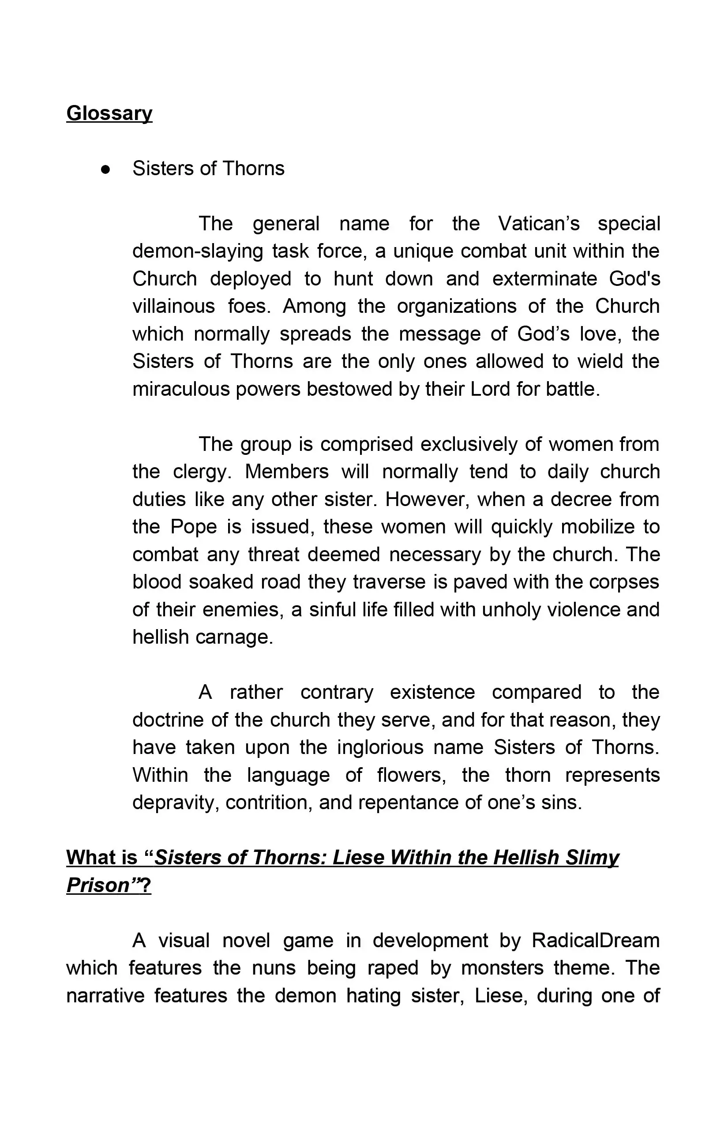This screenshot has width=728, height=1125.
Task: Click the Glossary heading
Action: (109, 113)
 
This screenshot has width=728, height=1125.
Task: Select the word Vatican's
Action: (538, 224)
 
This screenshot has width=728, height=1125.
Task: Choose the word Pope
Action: (193, 527)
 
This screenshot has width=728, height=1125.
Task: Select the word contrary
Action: (337, 693)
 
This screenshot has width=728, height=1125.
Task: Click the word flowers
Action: (411, 775)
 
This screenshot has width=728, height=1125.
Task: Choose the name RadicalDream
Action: (595, 941)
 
